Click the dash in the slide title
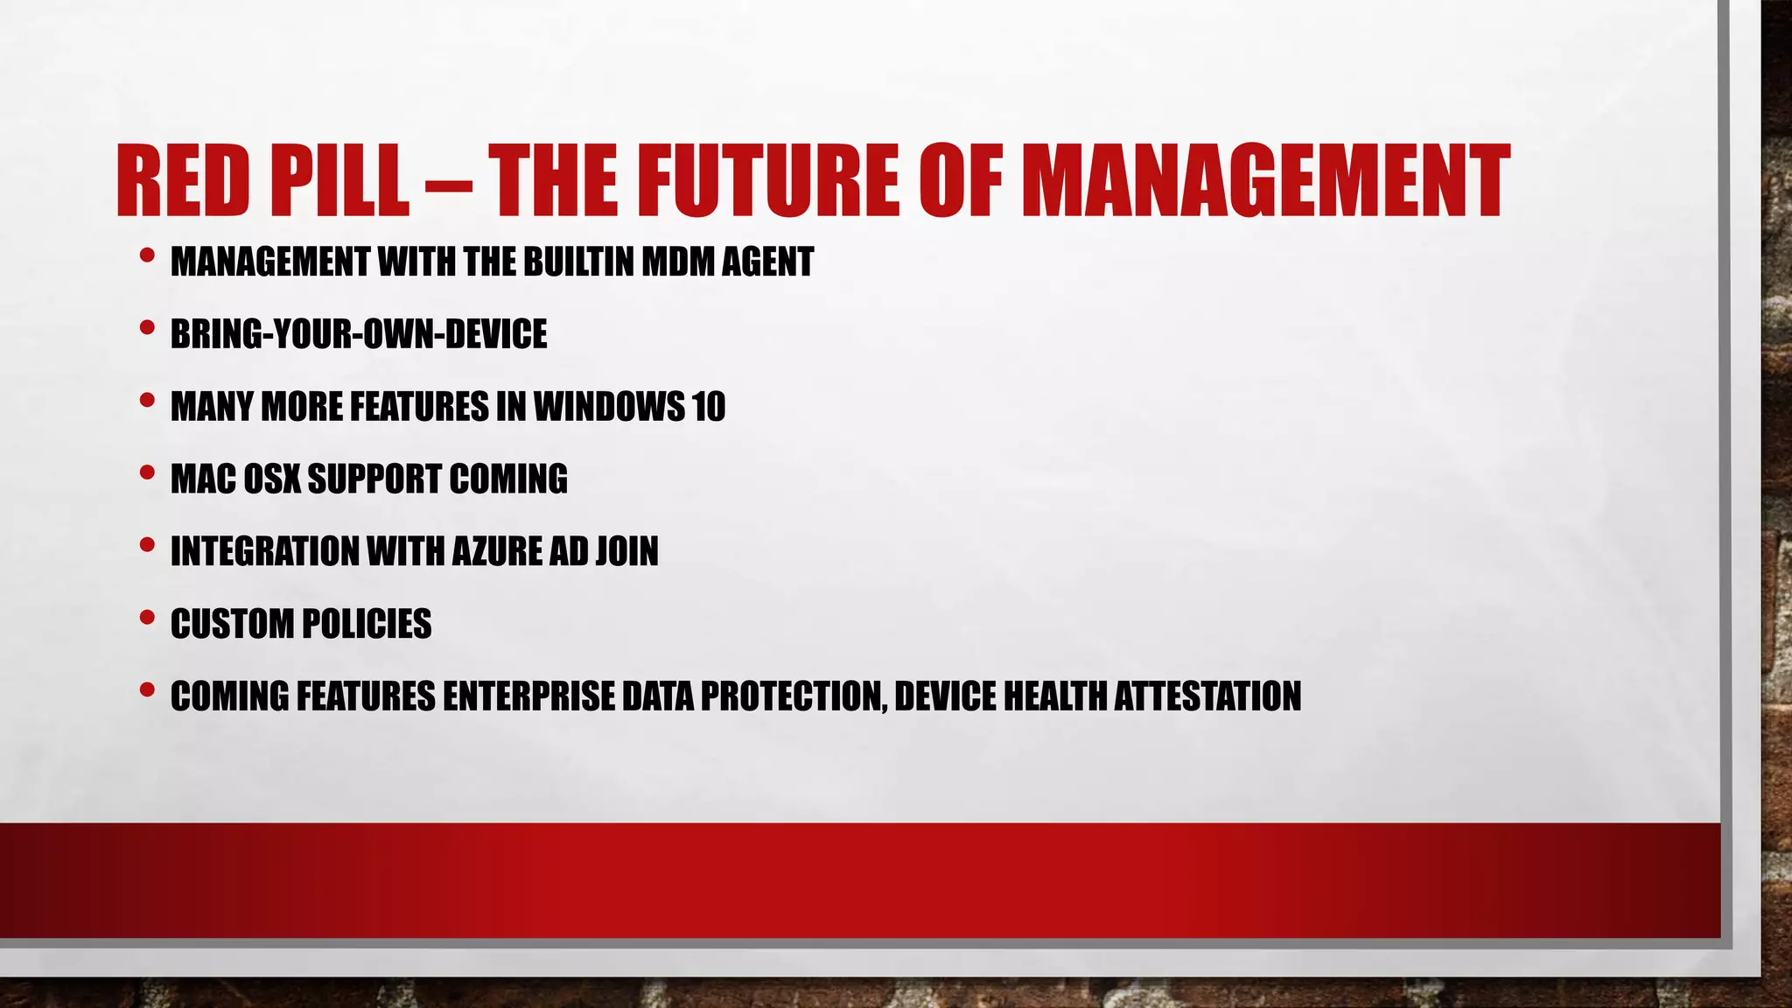(447, 185)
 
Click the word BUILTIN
(580, 262)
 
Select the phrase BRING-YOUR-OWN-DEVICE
(359, 334)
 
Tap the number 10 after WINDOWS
(708, 407)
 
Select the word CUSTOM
(232, 625)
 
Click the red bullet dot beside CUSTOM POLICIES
(147, 618)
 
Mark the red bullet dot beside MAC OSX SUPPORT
(147, 472)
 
